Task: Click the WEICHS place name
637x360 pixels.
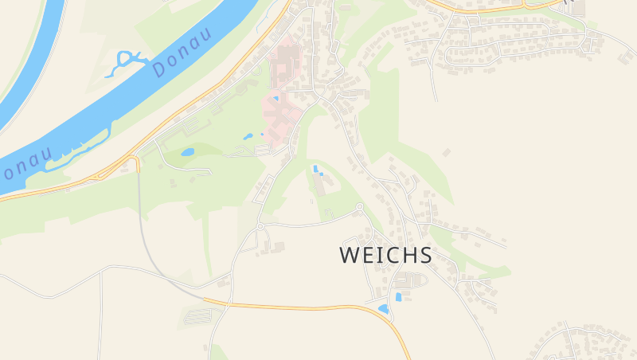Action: tap(386, 255)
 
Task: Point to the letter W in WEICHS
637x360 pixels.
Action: tap(350, 255)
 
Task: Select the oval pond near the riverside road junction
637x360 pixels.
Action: tap(188, 151)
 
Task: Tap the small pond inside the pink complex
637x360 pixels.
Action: tap(276, 99)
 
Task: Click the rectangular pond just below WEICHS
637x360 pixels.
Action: tap(399, 297)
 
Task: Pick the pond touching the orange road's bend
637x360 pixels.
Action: tap(384, 308)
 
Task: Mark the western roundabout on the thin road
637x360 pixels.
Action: tap(260, 226)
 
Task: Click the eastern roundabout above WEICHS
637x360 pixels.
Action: tap(360, 207)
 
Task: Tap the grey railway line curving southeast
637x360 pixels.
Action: tap(151, 247)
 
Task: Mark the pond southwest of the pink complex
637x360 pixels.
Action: tap(248, 136)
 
